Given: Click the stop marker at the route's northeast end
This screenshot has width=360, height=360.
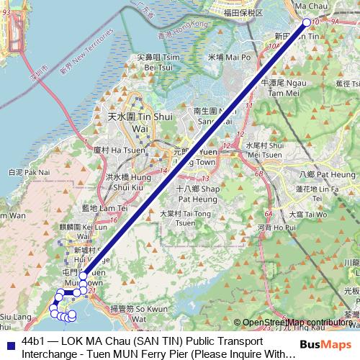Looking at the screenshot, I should click(306, 22).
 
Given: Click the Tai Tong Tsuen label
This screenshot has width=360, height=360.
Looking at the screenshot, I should click(181, 218).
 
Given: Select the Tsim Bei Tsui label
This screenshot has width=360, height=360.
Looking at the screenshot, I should click(143, 61).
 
